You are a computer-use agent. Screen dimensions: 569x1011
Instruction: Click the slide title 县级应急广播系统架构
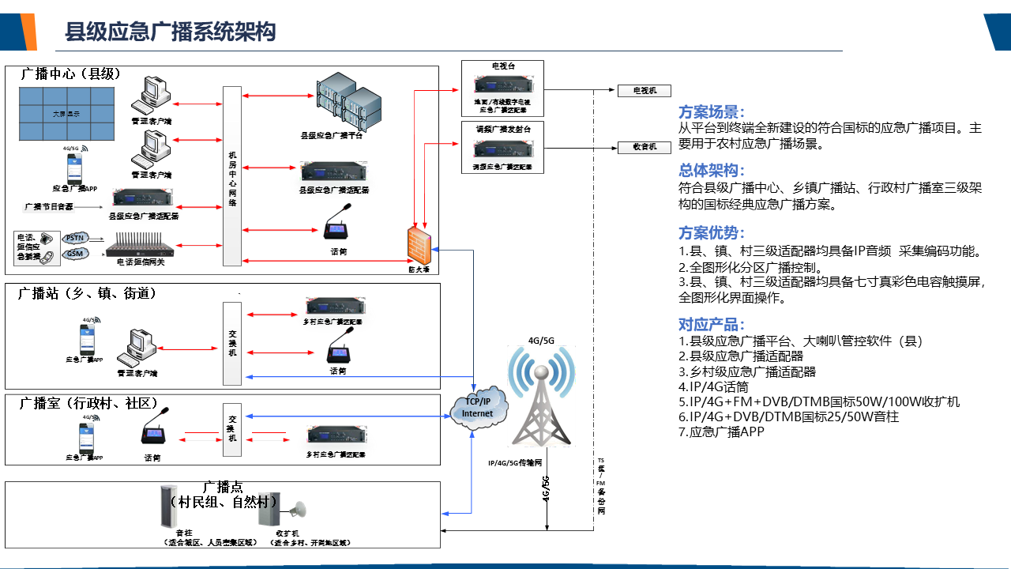[x=170, y=32]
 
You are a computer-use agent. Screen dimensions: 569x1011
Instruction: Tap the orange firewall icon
[x=418, y=244]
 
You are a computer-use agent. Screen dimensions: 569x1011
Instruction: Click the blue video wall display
[x=66, y=114]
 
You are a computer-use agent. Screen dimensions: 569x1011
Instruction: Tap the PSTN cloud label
[x=75, y=237]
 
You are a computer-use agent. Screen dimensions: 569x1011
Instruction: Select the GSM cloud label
[x=75, y=253]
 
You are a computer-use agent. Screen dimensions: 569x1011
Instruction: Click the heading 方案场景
[x=712, y=112]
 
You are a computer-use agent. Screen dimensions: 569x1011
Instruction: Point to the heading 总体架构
[x=712, y=171]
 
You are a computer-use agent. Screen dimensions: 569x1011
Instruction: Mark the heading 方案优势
[x=712, y=232]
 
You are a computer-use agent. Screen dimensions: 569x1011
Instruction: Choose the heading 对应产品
[x=712, y=324]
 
